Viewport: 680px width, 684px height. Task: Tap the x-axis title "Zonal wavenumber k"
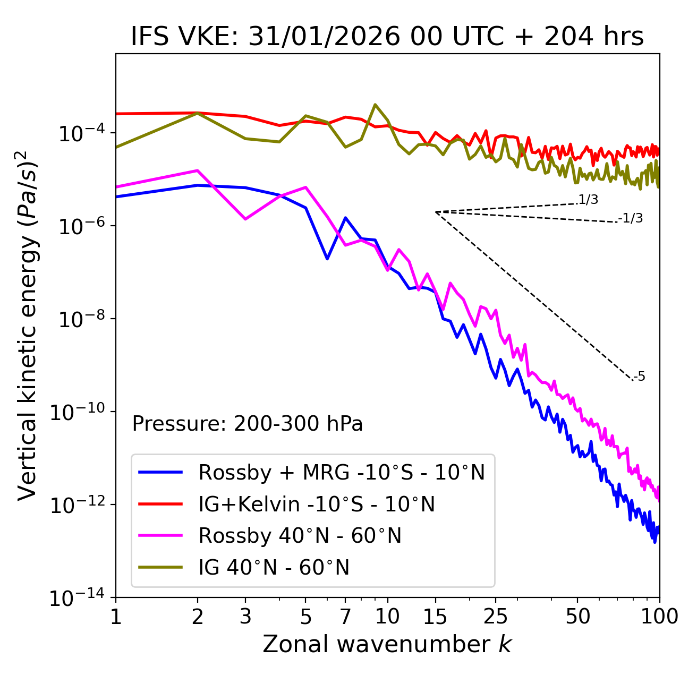point(387,644)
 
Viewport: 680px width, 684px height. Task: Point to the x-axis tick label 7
point(345,617)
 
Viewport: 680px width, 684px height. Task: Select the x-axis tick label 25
point(495,617)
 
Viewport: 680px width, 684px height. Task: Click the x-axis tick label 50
point(577,617)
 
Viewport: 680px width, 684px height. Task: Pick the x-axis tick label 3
point(245,617)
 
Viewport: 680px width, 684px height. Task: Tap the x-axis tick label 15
point(435,617)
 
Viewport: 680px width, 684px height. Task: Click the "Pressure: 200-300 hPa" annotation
point(248,424)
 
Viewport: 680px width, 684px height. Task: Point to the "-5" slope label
point(640,377)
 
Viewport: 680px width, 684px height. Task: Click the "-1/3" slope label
point(631,218)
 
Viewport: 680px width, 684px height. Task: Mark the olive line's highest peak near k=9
point(375,105)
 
